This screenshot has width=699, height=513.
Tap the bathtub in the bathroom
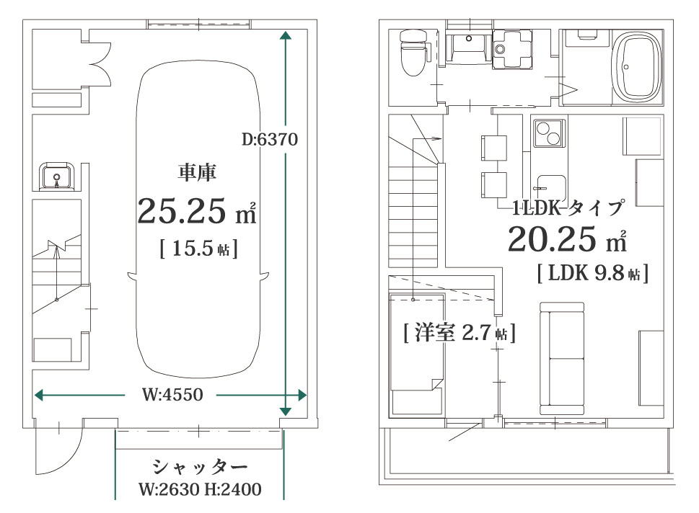click(636, 67)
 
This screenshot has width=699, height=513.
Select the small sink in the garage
click(55, 176)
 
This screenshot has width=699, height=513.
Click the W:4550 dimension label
click(171, 395)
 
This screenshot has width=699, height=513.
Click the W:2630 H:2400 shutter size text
click(198, 490)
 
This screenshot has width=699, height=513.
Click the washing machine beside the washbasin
click(513, 48)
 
